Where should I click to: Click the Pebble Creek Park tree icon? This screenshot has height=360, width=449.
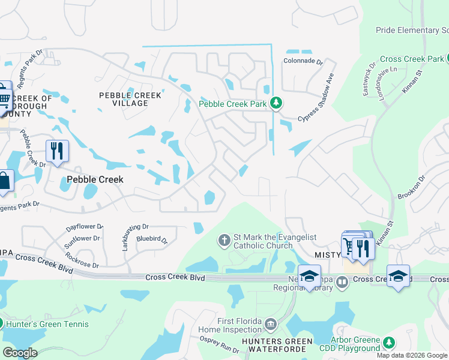[x=276, y=103]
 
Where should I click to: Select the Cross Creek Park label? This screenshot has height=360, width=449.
[x=411, y=59]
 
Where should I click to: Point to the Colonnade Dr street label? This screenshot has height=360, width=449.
[x=303, y=61]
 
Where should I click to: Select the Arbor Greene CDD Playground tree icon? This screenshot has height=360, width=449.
[x=389, y=343]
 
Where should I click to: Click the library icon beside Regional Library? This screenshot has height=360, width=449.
[x=342, y=281]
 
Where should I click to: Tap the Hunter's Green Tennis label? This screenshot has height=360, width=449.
[x=47, y=324]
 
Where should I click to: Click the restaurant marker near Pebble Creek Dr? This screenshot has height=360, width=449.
[x=58, y=150]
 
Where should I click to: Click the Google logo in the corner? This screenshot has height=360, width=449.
[x=20, y=353]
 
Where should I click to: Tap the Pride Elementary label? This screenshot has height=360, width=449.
[x=412, y=30]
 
